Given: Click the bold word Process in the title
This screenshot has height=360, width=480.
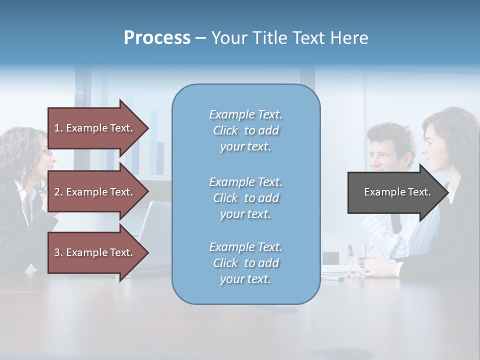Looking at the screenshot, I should tap(157, 37).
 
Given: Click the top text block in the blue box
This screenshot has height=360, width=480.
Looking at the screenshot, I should tap(245, 130).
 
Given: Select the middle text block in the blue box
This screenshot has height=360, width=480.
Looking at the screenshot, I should tap(245, 198).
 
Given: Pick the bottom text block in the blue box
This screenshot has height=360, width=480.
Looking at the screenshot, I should tap(245, 263).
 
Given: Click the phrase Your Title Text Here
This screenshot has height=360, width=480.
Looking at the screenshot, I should tap(289, 37).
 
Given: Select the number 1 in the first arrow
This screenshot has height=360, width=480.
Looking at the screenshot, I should tap(56, 128).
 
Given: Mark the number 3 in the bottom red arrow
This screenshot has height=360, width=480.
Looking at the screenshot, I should tap(57, 252).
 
